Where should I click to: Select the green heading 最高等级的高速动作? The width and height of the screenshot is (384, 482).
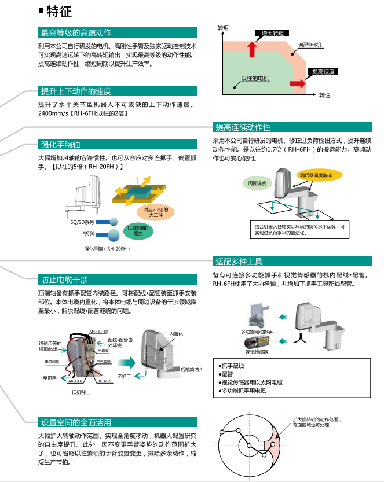[75, 32]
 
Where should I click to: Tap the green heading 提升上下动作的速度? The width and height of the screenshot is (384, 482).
[75, 91]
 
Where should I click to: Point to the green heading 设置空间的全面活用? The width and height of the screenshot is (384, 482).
[75, 422]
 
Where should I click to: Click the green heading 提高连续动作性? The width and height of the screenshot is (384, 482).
[243, 127]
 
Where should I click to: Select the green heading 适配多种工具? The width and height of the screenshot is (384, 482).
[239, 261]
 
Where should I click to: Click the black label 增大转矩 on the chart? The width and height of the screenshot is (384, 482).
[272, 34]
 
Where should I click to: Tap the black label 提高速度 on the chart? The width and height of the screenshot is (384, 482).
[323, 72]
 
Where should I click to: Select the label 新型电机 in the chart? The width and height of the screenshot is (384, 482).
[310, 45]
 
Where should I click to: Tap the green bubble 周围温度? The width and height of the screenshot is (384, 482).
[257, 183]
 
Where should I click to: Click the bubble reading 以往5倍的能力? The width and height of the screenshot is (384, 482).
[138, 230]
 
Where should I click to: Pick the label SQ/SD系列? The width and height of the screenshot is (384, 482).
[81, 222]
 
